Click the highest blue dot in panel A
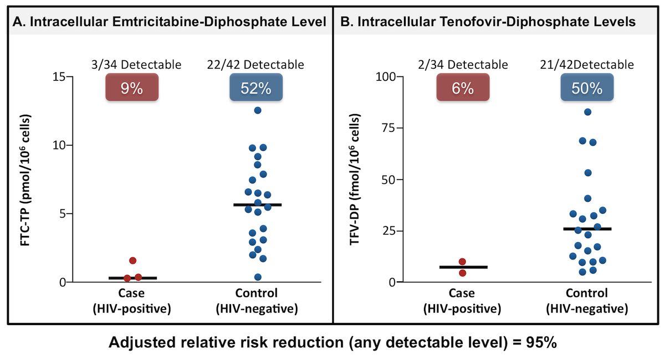tap(257, 110)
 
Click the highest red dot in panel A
tap(132, 260)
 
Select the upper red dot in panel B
tap(462, 261)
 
